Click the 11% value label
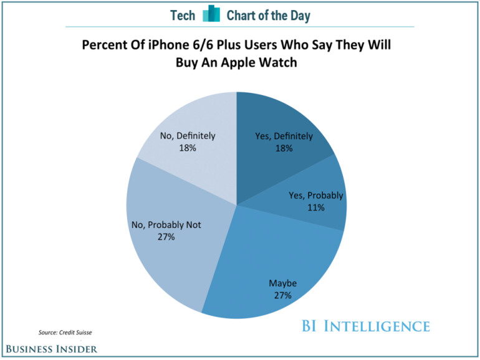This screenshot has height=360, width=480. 315,207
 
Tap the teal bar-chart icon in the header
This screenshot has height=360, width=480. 213,14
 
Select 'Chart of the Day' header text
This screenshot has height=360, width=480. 269,15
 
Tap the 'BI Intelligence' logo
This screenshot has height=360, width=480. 366,326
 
